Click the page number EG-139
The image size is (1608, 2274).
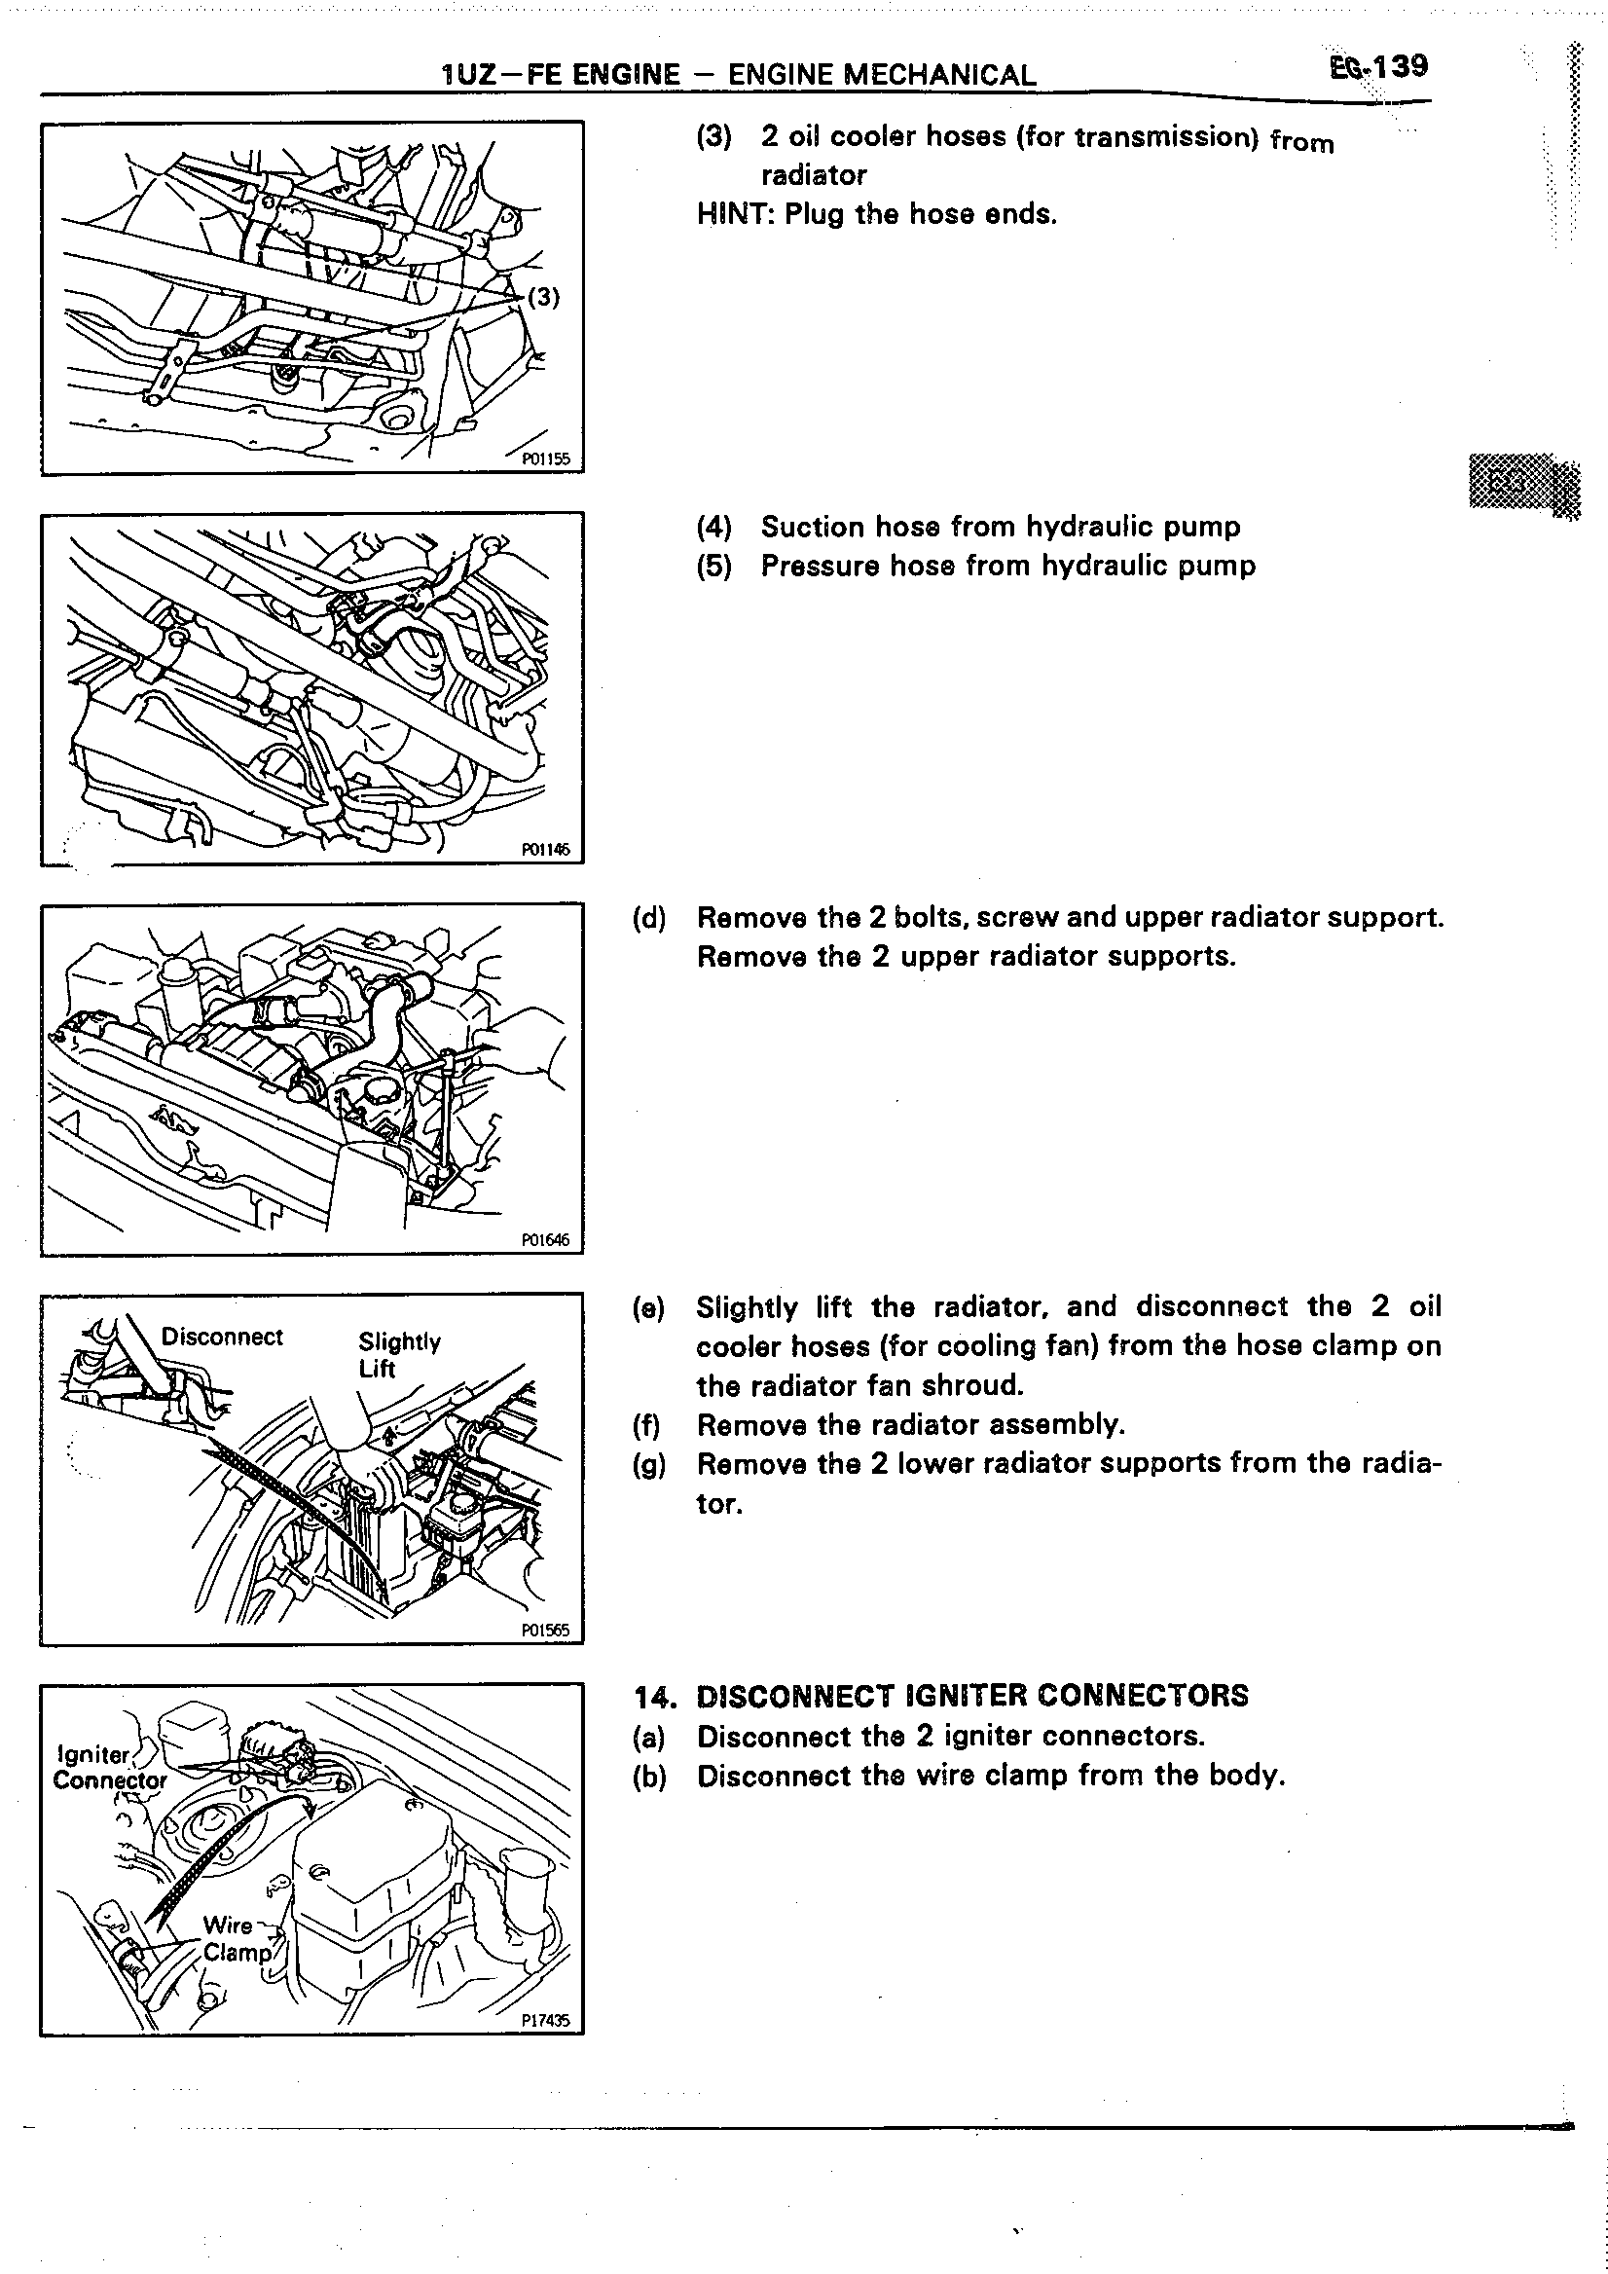tap(1378, 66)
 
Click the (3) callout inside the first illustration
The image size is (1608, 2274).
tap(543, 297)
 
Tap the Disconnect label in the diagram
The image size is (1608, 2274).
tap(222, 1338)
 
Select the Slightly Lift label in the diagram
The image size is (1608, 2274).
tap(398, 1354)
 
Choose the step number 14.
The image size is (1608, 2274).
tap(654, 1697)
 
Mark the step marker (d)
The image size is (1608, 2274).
tap(649, 918)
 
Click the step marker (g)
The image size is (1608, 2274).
tap(649, 1464)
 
